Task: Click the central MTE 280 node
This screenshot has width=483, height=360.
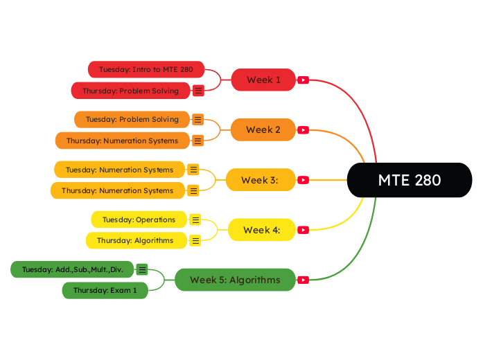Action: click(x=409, y=180)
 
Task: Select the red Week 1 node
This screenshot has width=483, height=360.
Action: click(x=263, y=80)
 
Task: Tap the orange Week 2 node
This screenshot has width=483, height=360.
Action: click(x=263, y=129)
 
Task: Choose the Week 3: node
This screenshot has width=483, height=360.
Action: click(x=261, y=180)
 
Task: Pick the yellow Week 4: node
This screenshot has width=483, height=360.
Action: click(x=261, y=230)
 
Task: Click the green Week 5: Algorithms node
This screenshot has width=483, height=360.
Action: click(x=235, y=280)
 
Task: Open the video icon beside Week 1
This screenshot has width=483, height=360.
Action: click(x=303, y=80)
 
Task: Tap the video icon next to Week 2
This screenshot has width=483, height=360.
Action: click(x=303, y=130)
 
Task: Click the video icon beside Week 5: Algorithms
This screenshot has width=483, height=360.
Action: click(x=303, y=280)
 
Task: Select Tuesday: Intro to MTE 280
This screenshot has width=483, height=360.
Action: click(x=146, y=69)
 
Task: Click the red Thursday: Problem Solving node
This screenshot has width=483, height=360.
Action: click(x=130, y=91)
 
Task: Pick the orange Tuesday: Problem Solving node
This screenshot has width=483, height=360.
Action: click(x=132, y=119)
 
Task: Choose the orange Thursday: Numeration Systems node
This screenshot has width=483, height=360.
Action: click(x=122, y=141)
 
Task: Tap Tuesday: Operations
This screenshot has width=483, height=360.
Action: click(x=139, y=219)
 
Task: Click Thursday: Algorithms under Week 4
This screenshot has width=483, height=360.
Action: click(x=135, y=240)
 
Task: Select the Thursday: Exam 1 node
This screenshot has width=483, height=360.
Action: click(x=105, y=290)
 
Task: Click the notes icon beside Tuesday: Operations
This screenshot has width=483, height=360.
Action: click(x=195, y=219)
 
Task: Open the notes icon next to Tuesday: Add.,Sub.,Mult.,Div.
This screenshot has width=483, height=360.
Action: click(x=142, y=269)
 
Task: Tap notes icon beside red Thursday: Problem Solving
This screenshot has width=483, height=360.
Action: click(x=198, y=91)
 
